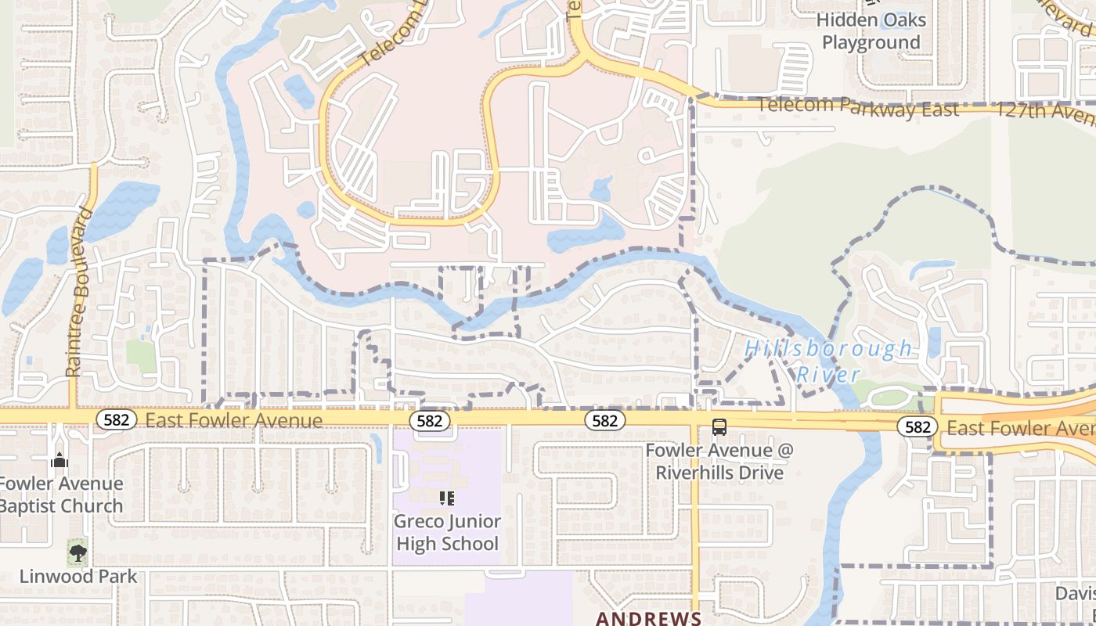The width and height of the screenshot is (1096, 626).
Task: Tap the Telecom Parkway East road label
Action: [x=857, y=106]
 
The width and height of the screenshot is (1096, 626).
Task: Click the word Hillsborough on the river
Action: [x=828, y=348]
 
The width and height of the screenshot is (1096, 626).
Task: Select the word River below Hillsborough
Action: [x=828, y=374]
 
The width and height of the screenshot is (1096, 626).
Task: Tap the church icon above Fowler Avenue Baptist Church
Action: [x=59, y=461]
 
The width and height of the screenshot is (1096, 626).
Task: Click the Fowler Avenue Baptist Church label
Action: [x=61, y=495]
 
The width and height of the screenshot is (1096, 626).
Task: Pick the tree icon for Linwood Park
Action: [x=78, y=552]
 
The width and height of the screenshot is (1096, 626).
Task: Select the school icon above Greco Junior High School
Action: [x=447, y=498]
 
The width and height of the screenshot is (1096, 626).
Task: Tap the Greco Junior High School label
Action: [x=447, y=532]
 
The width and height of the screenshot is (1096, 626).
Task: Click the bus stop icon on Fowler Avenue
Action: [x=719, y=427]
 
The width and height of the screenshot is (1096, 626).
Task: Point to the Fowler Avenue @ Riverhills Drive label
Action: [x=719, y=462]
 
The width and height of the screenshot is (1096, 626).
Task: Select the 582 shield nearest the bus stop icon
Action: [x=604, y=421]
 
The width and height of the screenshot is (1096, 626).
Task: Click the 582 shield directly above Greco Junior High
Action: [x=429, y=421]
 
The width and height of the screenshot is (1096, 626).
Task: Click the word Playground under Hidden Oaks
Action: [x=871, y=42]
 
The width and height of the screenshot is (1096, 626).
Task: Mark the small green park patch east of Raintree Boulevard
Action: [x=141, y=356]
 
